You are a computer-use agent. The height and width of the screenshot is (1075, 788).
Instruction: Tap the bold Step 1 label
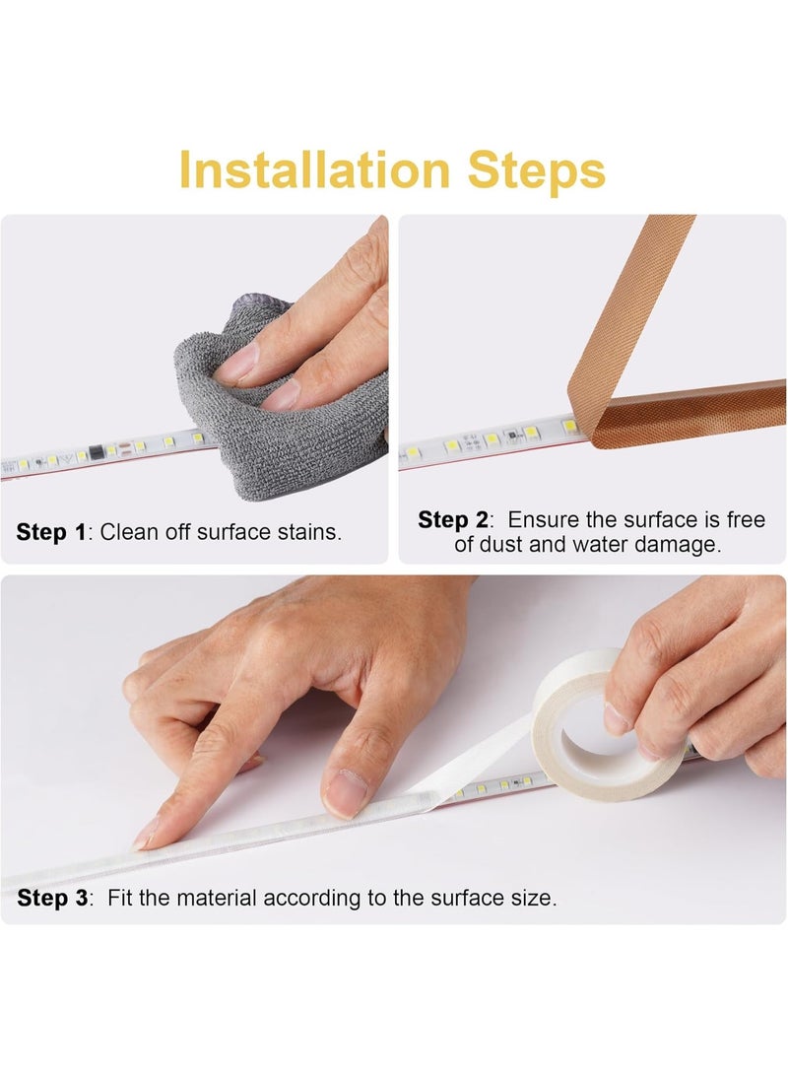51,533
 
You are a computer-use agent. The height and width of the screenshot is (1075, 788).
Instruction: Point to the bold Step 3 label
52,898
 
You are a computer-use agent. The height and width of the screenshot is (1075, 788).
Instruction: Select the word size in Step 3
532,898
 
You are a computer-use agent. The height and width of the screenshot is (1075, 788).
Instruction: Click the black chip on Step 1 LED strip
95,453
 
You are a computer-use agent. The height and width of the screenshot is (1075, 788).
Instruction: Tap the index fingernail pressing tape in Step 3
146,836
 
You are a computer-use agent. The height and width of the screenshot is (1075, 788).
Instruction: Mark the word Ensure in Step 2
541,520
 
